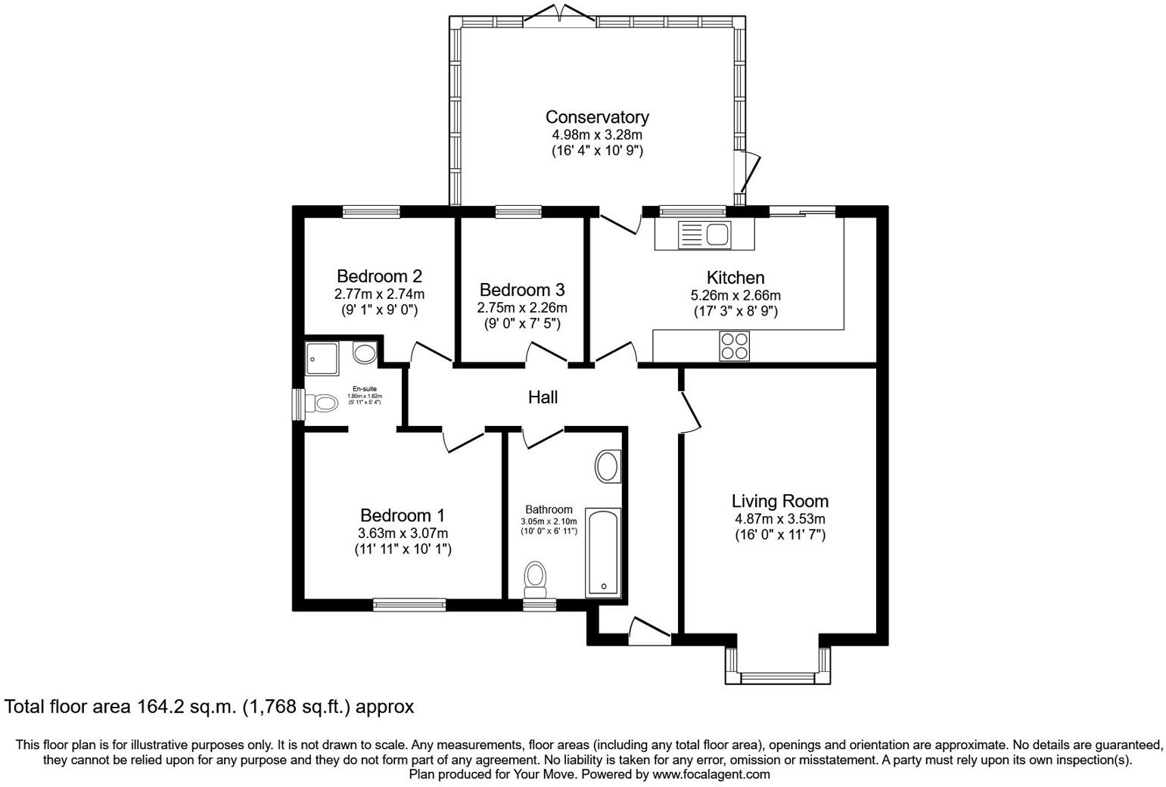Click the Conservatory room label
pos(597,117)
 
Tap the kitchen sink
pos(703,234)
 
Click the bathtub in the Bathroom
pos(603,553)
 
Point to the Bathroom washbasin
pos(608,467)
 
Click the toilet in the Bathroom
pos(536,578)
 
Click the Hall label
pos(543,397)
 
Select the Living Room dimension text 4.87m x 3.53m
pos(779,519)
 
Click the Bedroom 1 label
pos(403,515)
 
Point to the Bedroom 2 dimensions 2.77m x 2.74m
pos(379,294)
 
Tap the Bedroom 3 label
pos(521,290)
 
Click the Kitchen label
pos(735,278)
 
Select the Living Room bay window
pos(778,676)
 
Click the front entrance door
pos(649,631)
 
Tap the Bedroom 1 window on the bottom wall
pos(409,604)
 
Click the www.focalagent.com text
pos(711,774)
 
